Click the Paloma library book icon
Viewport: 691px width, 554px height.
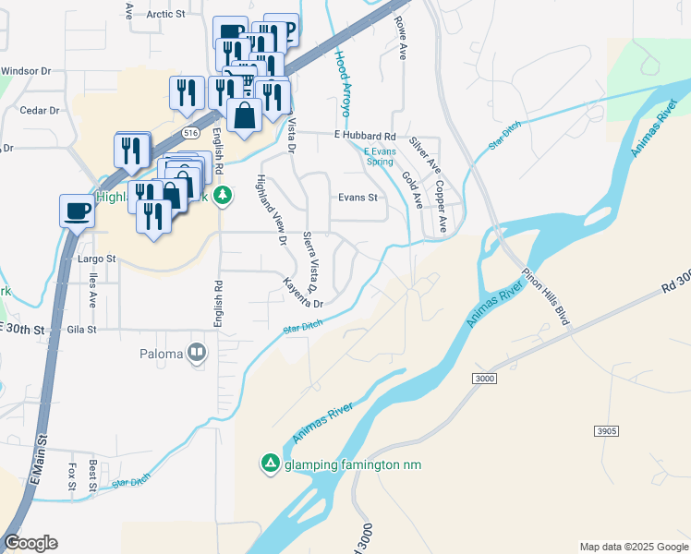[x=197, y=353]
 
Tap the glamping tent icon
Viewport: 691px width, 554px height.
[x=270, y=464]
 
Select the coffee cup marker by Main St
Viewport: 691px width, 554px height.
[x=77, y=211]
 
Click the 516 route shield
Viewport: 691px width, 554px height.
[x=191, y=133]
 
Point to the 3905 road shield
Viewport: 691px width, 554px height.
[x=606, y=431]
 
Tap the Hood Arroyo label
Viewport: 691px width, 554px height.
[x=343, y=82]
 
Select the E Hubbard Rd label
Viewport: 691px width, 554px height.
[x=370, y=135]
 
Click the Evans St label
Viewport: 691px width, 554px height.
[x=358, y=198]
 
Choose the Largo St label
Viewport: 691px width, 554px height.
[x=96, y=259]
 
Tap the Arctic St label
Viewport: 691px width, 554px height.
[x=166, y=15]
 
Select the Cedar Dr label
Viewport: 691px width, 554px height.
[x=40, y=110]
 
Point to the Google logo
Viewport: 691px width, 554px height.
[x=30, y=543]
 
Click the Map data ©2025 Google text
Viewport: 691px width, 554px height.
[x=633, y=547]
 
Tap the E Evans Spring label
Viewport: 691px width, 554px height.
[x=378, y=156]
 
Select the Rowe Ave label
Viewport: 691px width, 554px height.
[x=401, y=38]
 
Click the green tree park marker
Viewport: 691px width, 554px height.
[x=222, y=196]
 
